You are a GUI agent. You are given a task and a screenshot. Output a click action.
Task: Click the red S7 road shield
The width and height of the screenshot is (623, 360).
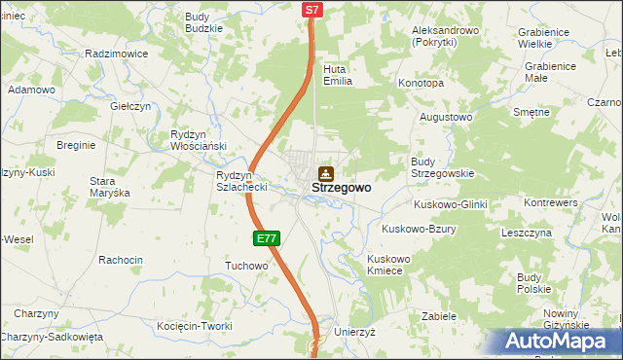[x=311, y=10]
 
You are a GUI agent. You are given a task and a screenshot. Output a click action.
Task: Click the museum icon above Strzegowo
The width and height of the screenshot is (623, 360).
[x=326, y=173]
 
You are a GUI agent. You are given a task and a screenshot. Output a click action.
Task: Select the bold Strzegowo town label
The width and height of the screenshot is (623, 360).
[x=341, y=188]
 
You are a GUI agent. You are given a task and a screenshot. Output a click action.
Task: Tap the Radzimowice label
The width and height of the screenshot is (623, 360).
[x=116, y=54]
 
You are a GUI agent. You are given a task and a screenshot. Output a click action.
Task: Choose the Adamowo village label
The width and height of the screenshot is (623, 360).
[x=31, y=90]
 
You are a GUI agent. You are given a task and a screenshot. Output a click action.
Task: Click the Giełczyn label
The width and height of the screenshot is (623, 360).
[x=130, y=106]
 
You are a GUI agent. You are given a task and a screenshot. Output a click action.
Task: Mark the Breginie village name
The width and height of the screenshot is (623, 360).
[x=76, y=145]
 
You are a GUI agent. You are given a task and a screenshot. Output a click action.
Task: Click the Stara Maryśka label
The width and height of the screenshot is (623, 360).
[x=109, y=187]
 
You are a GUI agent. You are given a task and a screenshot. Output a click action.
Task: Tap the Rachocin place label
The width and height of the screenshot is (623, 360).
[x=121, y=260]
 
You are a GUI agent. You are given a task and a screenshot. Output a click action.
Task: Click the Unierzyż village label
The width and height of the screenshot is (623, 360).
[x=354, y=332]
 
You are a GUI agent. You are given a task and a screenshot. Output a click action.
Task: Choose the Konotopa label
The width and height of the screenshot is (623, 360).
[x=421, y=84]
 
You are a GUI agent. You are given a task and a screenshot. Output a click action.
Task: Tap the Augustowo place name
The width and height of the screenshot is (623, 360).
[x=445, y=117]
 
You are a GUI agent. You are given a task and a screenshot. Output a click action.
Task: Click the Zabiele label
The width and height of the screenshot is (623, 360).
[x=439, y=316]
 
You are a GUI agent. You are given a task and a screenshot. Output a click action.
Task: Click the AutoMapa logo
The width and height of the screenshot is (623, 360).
[x=559, y=342]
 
